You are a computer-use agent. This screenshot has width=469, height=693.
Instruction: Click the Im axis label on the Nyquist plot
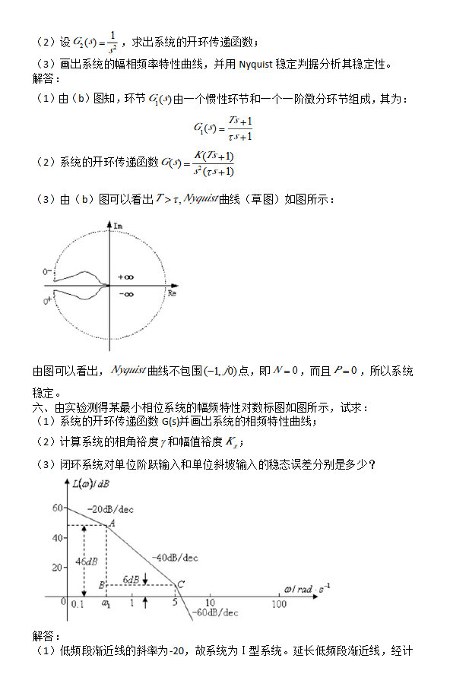[118, 226]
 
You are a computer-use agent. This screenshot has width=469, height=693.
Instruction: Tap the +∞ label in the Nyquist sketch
[125, 277]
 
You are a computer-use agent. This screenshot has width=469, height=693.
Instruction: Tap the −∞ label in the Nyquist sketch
[125, 294]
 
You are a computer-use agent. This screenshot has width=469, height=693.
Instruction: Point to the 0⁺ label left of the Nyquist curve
[48, 302]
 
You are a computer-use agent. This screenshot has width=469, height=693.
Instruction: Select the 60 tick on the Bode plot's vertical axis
[57, 508]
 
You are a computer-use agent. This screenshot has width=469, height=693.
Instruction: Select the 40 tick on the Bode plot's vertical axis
[57, 538]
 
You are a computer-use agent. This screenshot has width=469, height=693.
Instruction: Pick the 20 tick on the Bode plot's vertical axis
[57, 568]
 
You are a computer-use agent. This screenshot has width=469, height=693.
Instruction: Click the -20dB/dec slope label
[110, 509]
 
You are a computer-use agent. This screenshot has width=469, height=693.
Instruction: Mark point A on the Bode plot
[112, 522]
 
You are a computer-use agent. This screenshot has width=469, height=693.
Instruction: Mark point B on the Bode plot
[101, 584]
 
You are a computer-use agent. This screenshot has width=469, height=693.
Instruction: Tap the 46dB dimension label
[86, 562]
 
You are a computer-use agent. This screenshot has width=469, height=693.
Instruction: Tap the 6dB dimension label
[131, 579]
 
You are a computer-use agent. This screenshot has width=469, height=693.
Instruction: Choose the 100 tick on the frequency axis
[279, 604]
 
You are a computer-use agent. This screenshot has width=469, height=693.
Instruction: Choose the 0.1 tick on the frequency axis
[77, 604]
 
